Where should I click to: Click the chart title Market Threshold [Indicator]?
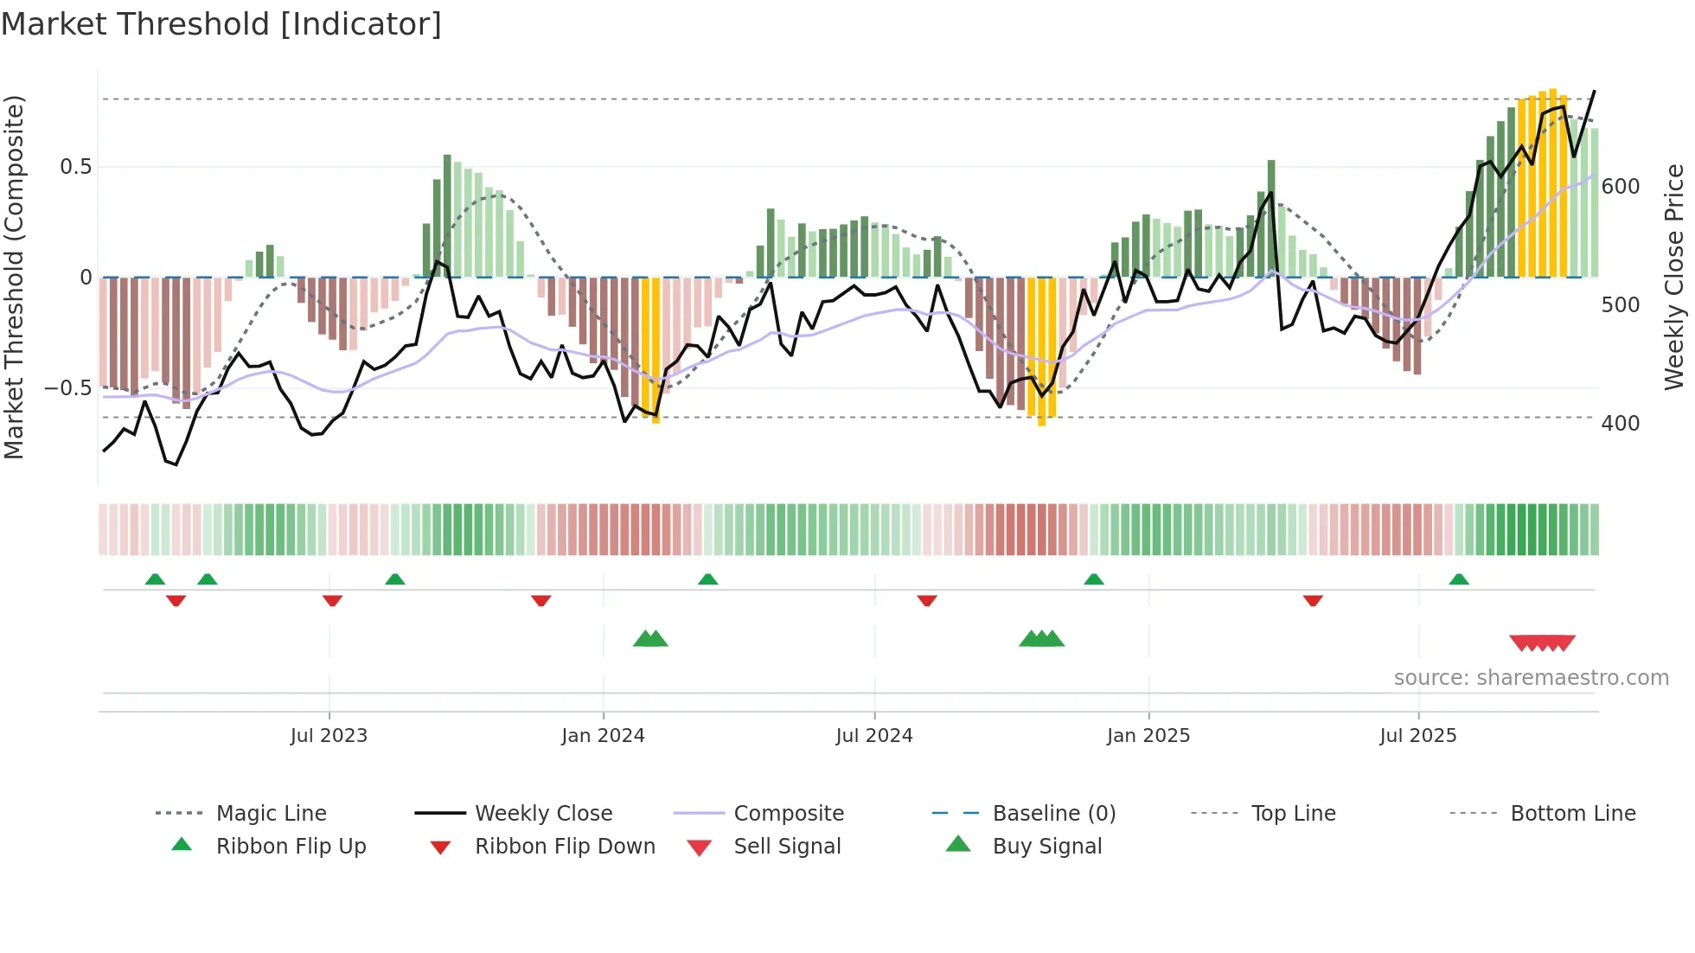click(x=221, y=24)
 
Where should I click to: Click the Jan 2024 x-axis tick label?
click(x=603, y=736)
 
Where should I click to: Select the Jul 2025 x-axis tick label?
click(x=1417, y=736)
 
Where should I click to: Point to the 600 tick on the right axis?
click(x=1620, y=187)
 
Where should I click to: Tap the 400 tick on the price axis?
click(x=1620, y=424)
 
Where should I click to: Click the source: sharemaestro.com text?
click(x=1531, y=678)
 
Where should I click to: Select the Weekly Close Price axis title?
click(x=1674, y=277)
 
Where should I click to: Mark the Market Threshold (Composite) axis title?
click(x=15, y=277)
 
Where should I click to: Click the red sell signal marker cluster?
click(x=1542, y=643)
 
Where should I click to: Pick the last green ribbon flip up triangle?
click(x=1459, y=579)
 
